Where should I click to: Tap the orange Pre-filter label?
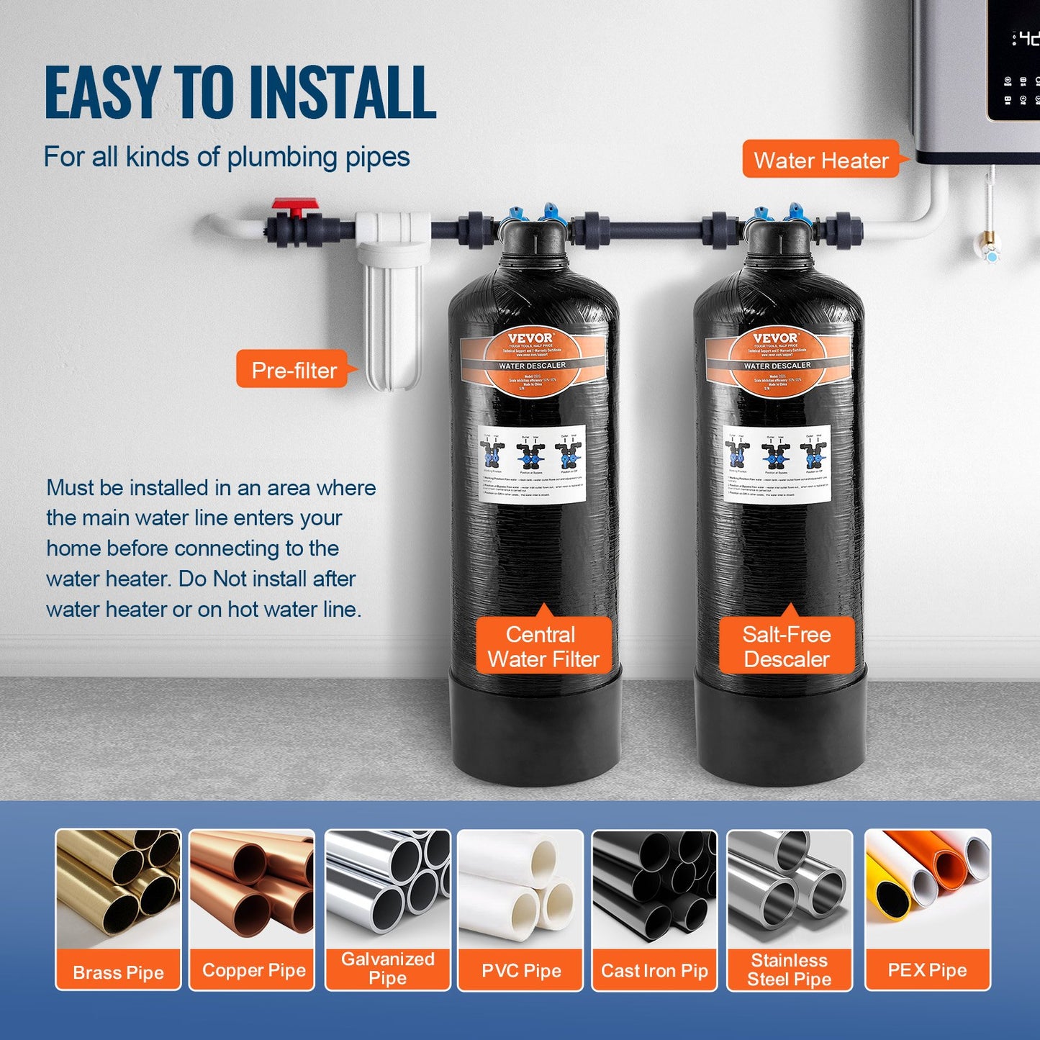click(x=294, y=370)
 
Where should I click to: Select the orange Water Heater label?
click(x=820, y=160)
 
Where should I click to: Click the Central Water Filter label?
click(x=543, y=646)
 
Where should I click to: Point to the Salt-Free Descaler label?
click(x=787, y=646)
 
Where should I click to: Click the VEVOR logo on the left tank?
click(x=531, y=338)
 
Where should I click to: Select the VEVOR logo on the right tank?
click(x=775, y=338)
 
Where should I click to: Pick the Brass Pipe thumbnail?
click(x=118, y=889)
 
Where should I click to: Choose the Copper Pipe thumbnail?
click(x=252, y=889)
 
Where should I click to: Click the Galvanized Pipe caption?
click(x=387, y=968)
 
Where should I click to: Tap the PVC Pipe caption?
click(x=521, y=970)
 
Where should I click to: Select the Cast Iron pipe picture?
click(x=654, y=889)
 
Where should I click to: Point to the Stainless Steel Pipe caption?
click(x=790, y=969)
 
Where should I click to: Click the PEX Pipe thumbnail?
click(x=928, y=889)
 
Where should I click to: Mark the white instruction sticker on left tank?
click(x=532, y=464)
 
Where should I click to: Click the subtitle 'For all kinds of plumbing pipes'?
click(x=226, y=157)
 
